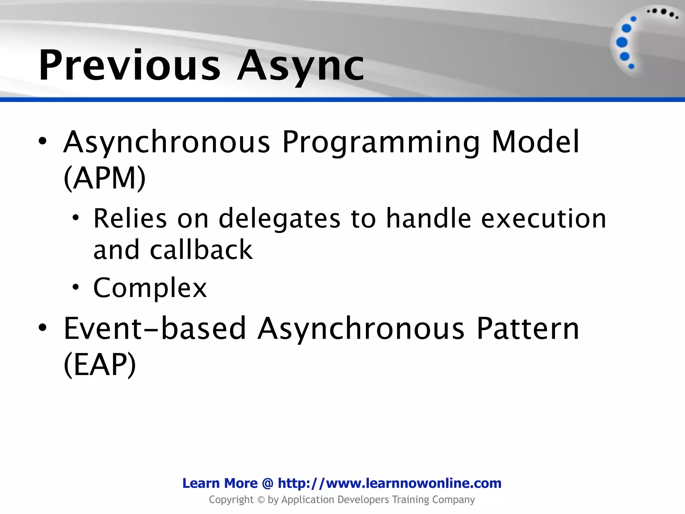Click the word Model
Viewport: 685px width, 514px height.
point(535,142)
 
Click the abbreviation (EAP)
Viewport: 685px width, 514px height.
point(100,364)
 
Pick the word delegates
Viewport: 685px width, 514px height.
point(279,219)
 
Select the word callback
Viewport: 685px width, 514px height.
point(201,250)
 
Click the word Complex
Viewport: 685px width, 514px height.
point(150,288)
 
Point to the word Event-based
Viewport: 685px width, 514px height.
point(155,329)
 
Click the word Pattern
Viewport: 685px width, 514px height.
point(527,329)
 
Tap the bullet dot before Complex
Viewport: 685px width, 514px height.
point(76,287)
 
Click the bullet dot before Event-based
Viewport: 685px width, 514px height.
point(42,328)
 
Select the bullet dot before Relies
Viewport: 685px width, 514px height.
point(76,218)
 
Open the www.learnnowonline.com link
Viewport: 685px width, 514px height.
point(389,483)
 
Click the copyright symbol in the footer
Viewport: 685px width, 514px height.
point(261,500)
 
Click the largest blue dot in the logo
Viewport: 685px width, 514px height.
point(622,42)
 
